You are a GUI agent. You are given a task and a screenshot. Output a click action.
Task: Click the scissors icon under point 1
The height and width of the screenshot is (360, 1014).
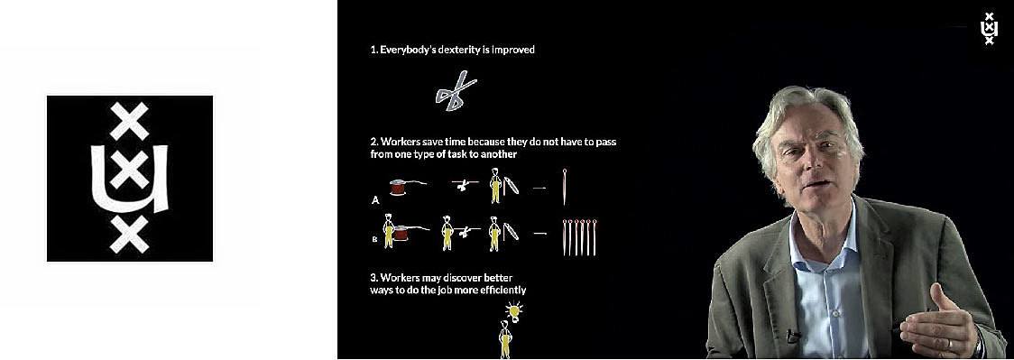[456, 90]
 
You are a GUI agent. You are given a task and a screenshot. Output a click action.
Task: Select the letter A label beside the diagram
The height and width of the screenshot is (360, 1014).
[374, 200]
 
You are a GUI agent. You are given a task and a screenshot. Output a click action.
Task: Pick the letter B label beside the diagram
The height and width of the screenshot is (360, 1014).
[374, 238]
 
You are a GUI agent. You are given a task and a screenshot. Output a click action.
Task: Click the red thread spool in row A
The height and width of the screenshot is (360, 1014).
[398, 187]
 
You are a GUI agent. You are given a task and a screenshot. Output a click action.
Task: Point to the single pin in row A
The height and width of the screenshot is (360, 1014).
[565, 187]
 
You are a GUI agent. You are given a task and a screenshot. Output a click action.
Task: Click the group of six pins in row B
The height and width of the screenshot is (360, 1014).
[579, 237]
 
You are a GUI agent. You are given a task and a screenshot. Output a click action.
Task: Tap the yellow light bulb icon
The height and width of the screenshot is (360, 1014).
[514, 311]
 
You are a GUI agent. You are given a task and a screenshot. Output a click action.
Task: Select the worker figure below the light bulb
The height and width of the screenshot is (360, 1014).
[504, 340]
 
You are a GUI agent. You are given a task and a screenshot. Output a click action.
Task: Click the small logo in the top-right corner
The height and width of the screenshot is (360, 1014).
[988, 29]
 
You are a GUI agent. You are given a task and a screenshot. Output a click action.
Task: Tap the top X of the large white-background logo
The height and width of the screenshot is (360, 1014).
[129, 121]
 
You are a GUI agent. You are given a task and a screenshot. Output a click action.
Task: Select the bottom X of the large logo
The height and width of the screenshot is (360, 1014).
[129, 234]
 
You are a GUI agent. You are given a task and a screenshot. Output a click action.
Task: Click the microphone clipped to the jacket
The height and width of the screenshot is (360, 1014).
[792, 336]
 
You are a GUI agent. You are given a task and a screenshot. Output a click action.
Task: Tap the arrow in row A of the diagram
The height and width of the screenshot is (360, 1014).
[539, 188]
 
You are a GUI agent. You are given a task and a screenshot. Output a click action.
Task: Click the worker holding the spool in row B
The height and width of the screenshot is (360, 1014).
[389, 232]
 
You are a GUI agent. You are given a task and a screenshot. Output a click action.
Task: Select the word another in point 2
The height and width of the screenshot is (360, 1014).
[502, 155]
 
